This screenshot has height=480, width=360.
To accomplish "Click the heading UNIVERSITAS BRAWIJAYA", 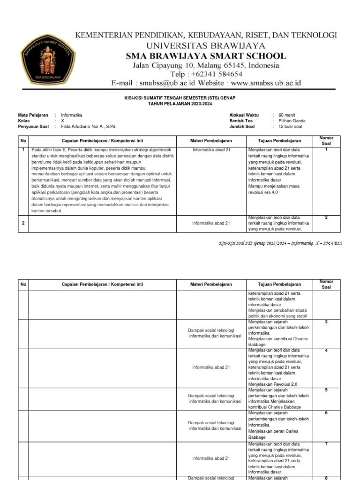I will point(206,45).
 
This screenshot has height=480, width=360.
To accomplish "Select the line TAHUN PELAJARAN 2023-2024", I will point(180,103).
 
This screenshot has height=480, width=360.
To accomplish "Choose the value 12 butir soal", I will point(290,126).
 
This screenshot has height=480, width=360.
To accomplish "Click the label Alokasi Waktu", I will point(244,115).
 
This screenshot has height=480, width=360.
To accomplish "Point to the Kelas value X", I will point(62,120).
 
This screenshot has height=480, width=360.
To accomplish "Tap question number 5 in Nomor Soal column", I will point(326,390).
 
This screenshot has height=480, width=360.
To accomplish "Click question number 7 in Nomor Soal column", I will point(326,443).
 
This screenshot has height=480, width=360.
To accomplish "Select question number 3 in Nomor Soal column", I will point(326,322).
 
